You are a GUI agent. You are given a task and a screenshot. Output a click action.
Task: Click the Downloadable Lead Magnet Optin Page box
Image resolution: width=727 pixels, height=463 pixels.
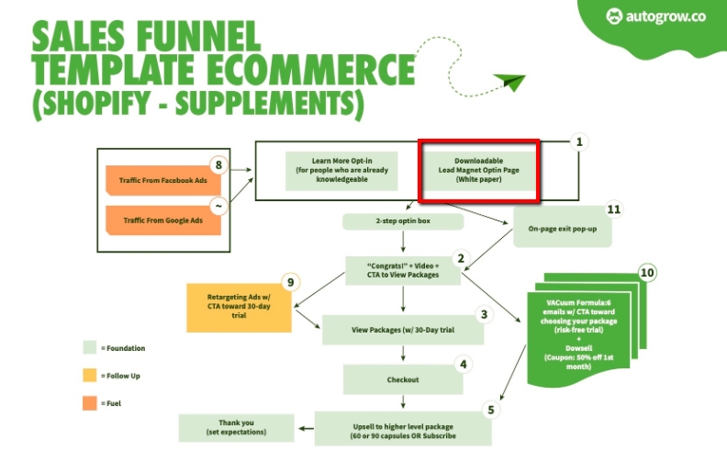point(479,171)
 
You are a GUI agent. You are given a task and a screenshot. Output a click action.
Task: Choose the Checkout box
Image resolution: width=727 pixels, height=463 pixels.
point(402,378)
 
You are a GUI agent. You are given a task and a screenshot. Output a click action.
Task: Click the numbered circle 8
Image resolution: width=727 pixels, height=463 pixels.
point(218,165)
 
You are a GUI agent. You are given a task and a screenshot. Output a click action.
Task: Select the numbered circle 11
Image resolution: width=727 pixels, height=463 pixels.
point(613,209)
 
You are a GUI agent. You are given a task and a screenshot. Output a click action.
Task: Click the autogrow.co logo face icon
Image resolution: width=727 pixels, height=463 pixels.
point(614,16)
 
